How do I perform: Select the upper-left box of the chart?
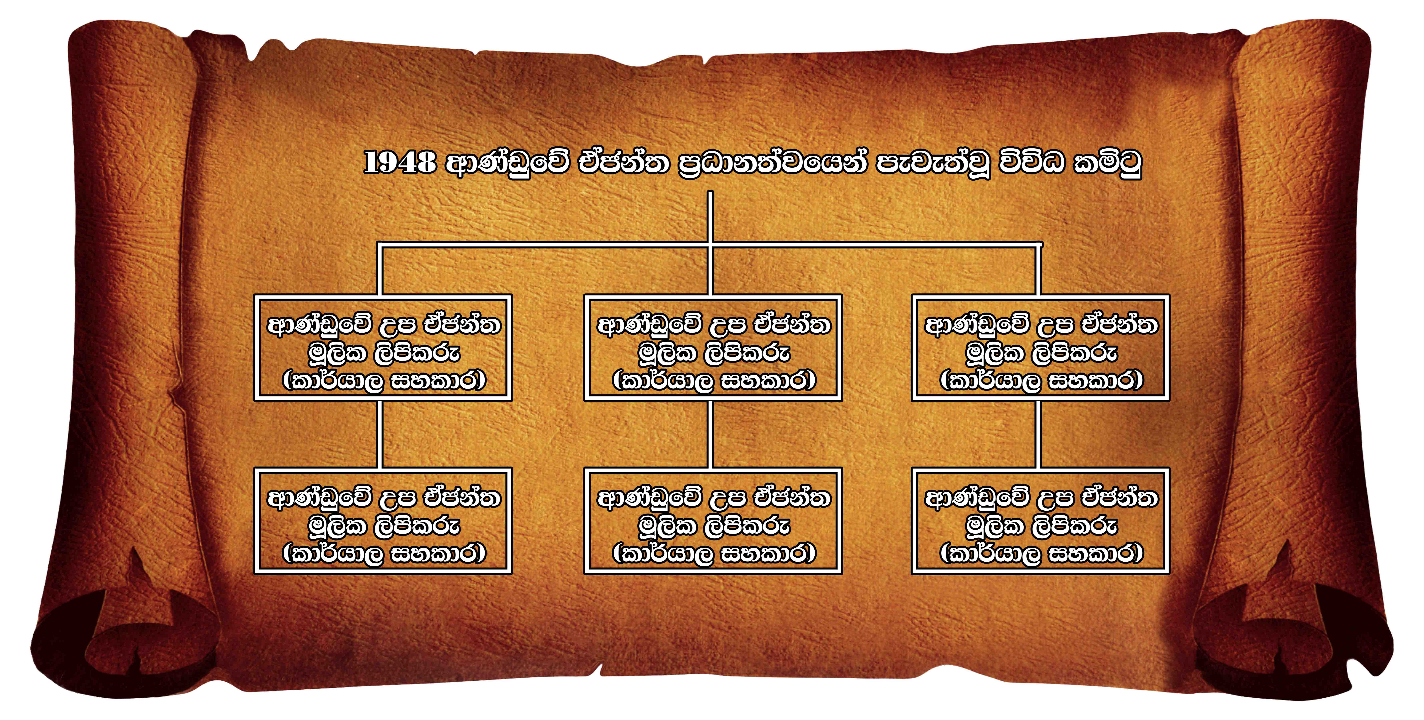pyautogui.click(x=383, y=348)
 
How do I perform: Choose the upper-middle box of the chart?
pyautogui.click(x=713, y=348)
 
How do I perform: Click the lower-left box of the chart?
pyautogui.click(x=383, y=521)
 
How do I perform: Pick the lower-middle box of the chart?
pyautogui.click(x=713, y=521)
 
